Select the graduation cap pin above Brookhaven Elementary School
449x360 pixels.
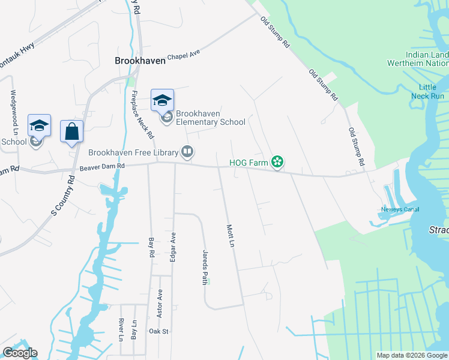coord(162,100)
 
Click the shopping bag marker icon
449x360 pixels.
coord(71,131)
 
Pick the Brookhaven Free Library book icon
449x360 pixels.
coord(188,152)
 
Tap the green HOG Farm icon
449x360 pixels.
coord(277,161)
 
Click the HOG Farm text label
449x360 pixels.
coord(249,162)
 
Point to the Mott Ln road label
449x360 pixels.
coord(230,236)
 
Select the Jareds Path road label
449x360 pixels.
coord(205,266)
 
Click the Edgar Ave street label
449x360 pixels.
coord(173,245)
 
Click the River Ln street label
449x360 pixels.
coord(121,330)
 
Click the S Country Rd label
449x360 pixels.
coord(62,195)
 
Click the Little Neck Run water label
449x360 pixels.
coord(431,92)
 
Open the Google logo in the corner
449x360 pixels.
coord(20,353)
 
